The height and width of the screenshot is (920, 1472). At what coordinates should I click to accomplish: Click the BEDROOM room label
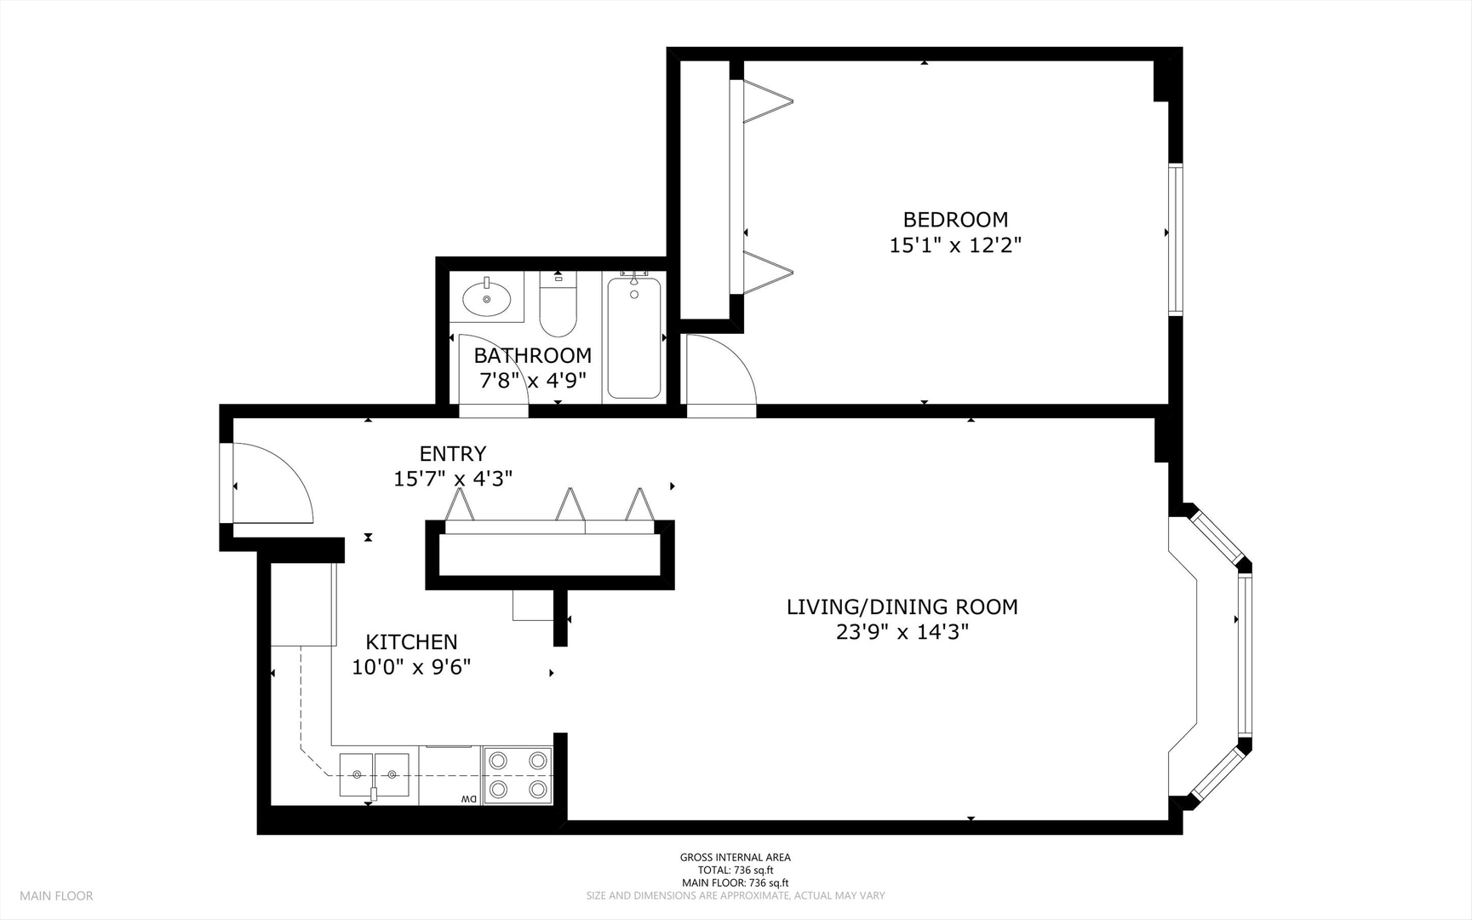coord(955,220)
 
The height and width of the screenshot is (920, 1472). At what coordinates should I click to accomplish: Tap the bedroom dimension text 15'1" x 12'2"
coord(955,245)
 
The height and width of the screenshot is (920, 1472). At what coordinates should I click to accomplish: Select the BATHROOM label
coord(533,355)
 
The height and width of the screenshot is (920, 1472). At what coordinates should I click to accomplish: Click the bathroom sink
coord(487,298)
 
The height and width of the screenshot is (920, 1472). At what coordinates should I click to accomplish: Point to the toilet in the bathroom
coord(558,305)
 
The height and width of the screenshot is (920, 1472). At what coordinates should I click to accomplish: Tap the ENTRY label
coord(453,453)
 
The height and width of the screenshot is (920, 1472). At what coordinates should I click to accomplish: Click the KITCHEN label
coord(411,641)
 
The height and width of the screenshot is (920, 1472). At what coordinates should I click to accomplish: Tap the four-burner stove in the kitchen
coord(518,775)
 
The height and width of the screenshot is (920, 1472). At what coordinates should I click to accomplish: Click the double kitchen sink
coord(375,775)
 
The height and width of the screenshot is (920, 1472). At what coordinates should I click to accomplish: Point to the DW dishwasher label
coord(468,799)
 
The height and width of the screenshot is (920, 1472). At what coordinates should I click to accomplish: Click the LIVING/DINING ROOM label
coord(902,607)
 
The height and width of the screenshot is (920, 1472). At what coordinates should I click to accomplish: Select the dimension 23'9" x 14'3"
coord(902,632)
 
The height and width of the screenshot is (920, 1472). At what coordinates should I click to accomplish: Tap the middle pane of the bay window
coord(1246,654)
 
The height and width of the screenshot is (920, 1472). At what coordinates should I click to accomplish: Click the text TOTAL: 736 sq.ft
coord(736,870)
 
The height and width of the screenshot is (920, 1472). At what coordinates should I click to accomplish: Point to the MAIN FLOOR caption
coord(56,895)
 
